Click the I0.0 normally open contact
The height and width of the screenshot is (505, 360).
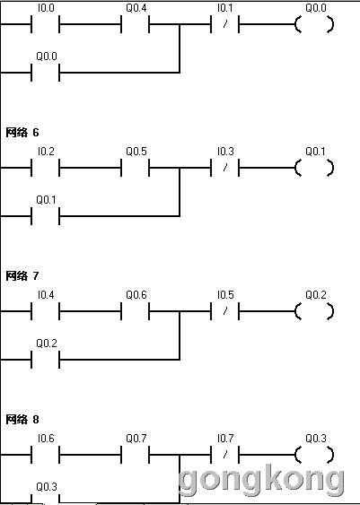46,24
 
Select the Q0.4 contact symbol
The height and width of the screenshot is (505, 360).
135,24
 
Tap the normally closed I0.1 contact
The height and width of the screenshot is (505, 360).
225,24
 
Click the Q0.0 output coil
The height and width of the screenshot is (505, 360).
314,24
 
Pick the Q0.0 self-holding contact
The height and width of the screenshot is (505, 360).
46,73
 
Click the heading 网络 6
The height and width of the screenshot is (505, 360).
22,132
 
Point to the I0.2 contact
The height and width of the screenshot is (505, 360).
46,168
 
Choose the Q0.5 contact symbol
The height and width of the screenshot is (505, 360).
135,168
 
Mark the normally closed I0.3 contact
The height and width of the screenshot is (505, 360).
225,168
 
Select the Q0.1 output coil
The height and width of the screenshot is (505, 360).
314,168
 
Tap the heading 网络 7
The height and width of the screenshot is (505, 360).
22,275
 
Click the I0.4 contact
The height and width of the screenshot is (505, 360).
46,311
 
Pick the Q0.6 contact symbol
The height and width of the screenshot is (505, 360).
135,311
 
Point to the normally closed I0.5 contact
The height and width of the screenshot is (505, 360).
225,311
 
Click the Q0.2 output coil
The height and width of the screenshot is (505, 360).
314,311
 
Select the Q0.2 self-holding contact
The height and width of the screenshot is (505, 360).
46,360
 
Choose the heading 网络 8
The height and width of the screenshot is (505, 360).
22,419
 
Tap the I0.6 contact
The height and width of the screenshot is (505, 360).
46,455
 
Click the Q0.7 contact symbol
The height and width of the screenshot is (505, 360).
135,455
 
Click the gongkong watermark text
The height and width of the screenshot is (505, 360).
261,480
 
